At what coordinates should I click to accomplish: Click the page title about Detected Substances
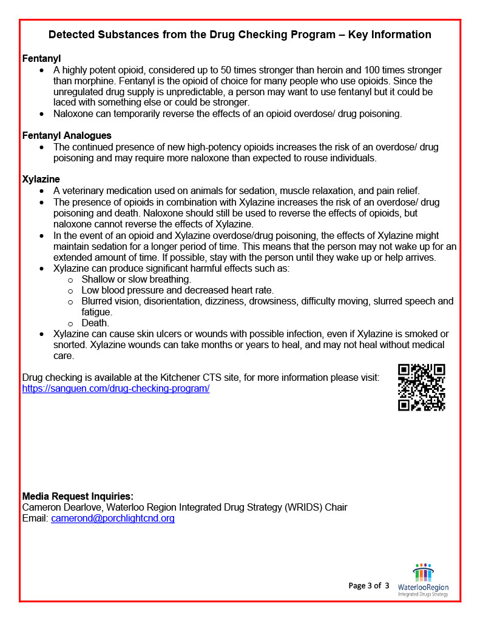point(240,35)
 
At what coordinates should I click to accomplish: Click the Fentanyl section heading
point(41,59)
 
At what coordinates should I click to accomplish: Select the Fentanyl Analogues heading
point(67,136)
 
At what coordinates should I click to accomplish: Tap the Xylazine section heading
point(41,179)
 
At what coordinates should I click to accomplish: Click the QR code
point(421,388)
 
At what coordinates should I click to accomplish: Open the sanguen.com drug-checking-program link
point(116,389)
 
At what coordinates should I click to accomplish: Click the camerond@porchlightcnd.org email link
point(113,519)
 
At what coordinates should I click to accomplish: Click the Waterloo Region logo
point(423,581)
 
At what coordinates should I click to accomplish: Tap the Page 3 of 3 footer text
point(368,586)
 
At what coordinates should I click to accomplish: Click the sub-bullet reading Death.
point(95,323)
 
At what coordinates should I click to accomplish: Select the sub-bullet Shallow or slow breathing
point(136,280)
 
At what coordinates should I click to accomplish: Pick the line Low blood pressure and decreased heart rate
point(177,290)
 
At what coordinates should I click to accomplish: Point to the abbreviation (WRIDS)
point(300,507)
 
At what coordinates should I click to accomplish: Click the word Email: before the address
point(35,519)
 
